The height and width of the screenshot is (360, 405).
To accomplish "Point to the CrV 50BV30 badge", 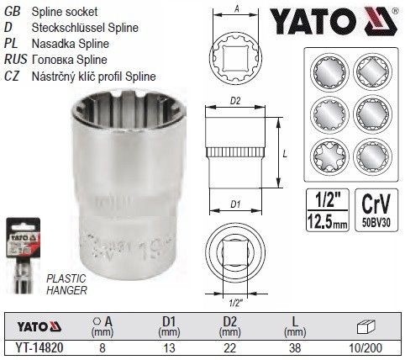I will point(376,207).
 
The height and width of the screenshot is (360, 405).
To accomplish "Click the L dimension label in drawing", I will point(287,155).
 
